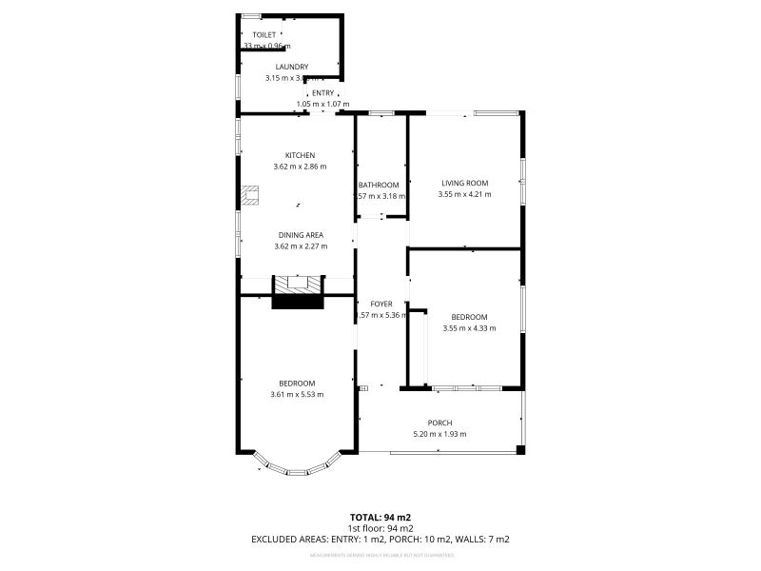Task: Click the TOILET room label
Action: point(264,34)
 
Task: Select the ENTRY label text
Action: point(322,93)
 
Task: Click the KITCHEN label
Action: point(300,155)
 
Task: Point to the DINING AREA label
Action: point(301,234)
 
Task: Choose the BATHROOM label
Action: point(379,185)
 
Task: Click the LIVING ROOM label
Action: point(464,183)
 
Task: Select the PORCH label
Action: point(439,423)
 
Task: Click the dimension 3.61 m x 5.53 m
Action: point(297,395)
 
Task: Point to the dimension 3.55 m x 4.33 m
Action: point(469,328)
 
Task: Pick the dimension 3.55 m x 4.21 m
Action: point(464,194)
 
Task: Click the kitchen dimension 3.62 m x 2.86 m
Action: point(300,167)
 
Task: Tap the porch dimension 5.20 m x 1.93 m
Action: point(439,434)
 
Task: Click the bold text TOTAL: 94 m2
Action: point(380,517)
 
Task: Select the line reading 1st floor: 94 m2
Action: point(380,528)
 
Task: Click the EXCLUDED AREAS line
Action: point(380,540)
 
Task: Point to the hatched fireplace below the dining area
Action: point(299,284)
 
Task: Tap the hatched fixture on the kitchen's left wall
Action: point(252,195)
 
